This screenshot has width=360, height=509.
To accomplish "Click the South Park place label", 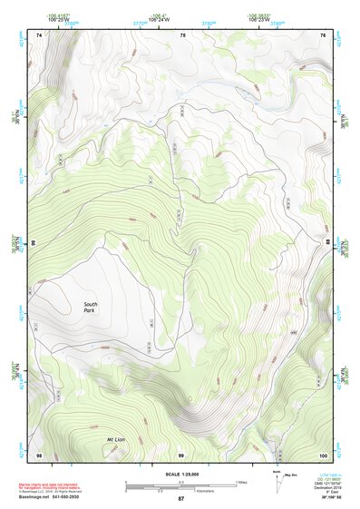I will (90, 308).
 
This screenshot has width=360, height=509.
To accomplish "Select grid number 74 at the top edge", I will (39, 34).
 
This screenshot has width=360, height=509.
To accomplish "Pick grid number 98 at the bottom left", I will (39, 454).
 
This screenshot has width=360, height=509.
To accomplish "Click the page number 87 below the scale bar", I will (180, 499).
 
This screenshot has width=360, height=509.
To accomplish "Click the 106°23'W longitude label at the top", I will (259, 18).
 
